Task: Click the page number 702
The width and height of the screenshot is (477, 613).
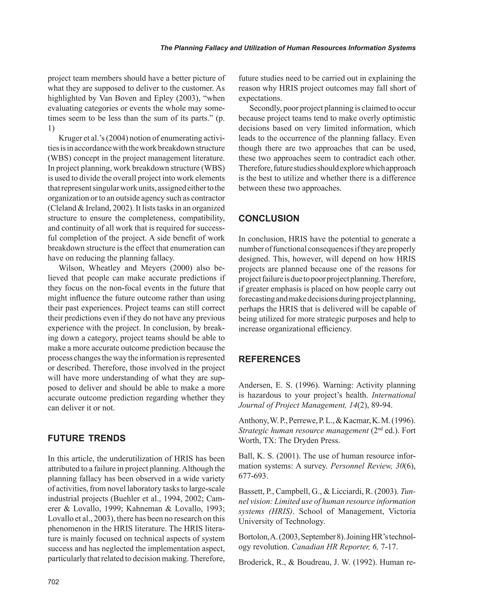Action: click(53, 582)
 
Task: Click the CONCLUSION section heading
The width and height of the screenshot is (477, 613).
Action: click(269, 218)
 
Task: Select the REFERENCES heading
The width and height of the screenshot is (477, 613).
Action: click(269, 359)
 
